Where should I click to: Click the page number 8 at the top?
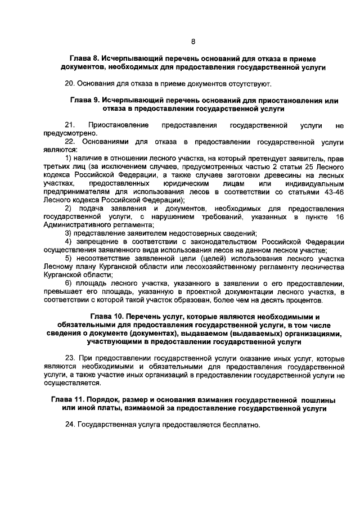[x=193, y=42]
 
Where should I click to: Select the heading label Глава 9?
[x=84, y=100]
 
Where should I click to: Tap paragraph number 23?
[x=70, y=358]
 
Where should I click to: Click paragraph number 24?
[x=70, y=425]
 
